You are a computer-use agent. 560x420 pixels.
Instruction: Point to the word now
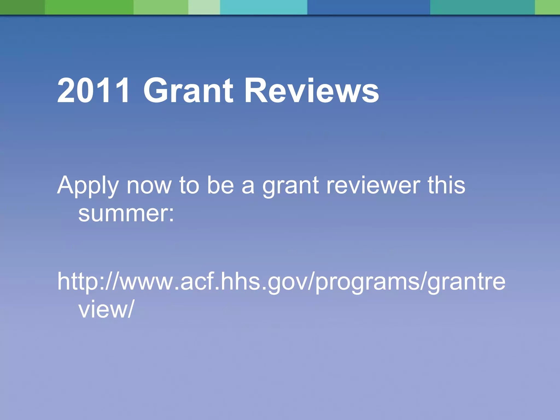tap(149, 186)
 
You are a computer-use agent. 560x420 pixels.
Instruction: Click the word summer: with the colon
tap(126, 214)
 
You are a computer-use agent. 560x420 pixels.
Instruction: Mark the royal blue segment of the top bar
tap(368, 7)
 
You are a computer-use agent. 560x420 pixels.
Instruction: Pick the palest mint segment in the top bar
tap(204, 7)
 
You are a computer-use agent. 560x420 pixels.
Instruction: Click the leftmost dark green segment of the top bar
tap(22, 7)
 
